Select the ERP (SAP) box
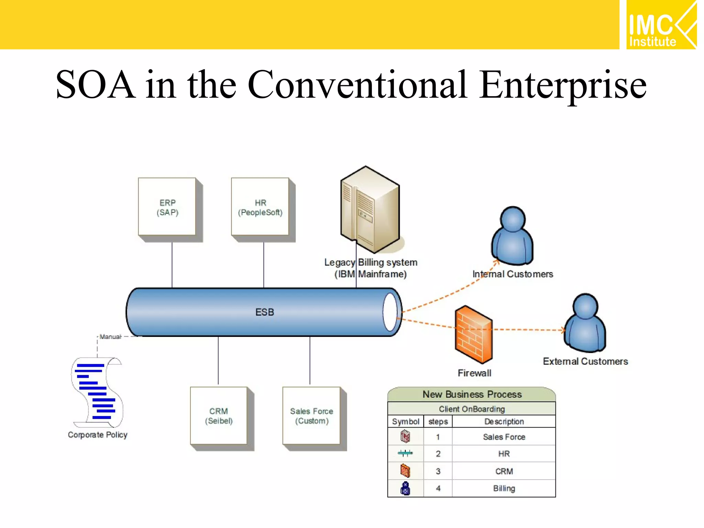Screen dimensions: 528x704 (x=167, y=207)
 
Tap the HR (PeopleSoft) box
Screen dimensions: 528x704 (x=260, y=207)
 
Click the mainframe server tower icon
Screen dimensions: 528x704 (x=370, y=210)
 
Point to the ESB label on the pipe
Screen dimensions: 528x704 (x=265, y=312)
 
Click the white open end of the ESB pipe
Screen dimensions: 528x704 (x=390, y=312)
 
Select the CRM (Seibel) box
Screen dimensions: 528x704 (x=219, y=416)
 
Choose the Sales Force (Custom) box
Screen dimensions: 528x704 (x=311, y=416)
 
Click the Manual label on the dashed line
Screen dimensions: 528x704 (x=110, y=337)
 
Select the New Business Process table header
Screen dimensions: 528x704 (x=472, y=394)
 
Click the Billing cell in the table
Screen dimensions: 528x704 (x=504, y=488)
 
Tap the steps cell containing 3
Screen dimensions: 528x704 (x=438, y=471)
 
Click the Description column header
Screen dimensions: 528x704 (x=504, y=421)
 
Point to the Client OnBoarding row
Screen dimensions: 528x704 (x=472, y=409)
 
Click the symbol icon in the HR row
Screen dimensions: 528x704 (x=405, y=454)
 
